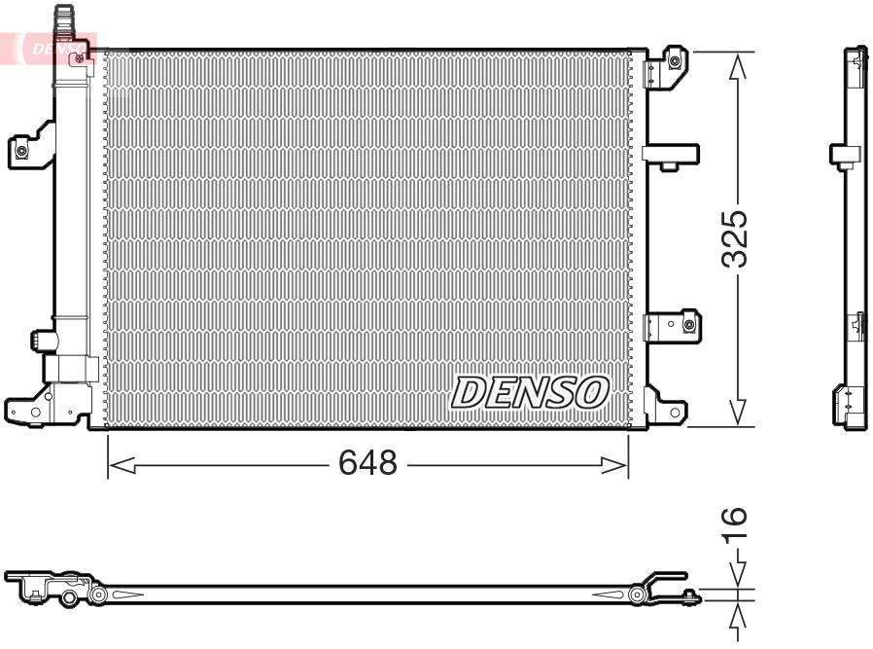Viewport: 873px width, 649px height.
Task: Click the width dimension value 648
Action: (367, 464)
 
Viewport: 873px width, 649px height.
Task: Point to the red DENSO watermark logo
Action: (53, 46)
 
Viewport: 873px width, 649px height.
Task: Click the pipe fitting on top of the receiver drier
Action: (66, 20)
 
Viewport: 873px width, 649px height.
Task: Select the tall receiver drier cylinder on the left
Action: (70, 195)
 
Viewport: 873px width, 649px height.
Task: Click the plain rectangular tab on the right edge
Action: (670, 154)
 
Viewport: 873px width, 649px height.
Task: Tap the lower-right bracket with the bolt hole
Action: (675, 324)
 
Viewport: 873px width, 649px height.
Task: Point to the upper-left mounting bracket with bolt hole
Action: (30, 147)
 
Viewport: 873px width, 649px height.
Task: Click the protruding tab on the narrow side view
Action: (843, 154)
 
